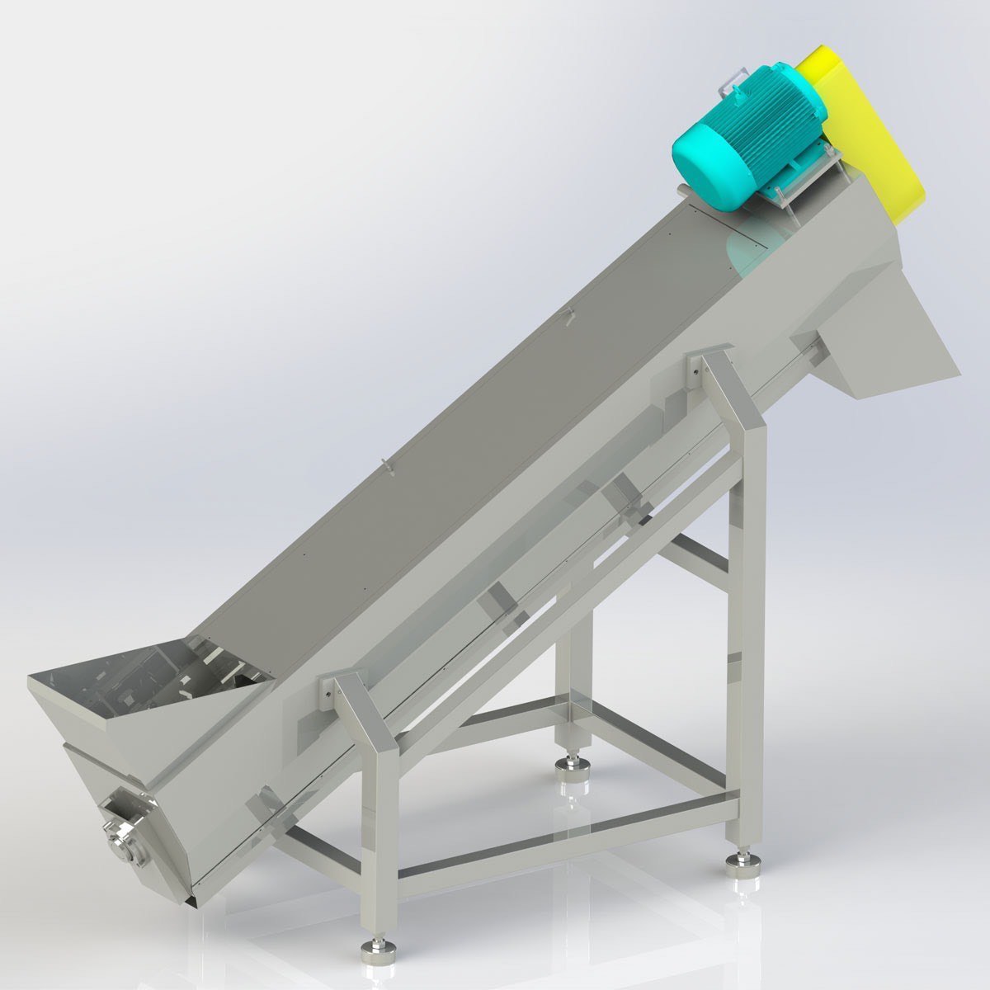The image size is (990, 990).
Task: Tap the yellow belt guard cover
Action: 862,132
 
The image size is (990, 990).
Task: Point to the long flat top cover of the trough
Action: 462,437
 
